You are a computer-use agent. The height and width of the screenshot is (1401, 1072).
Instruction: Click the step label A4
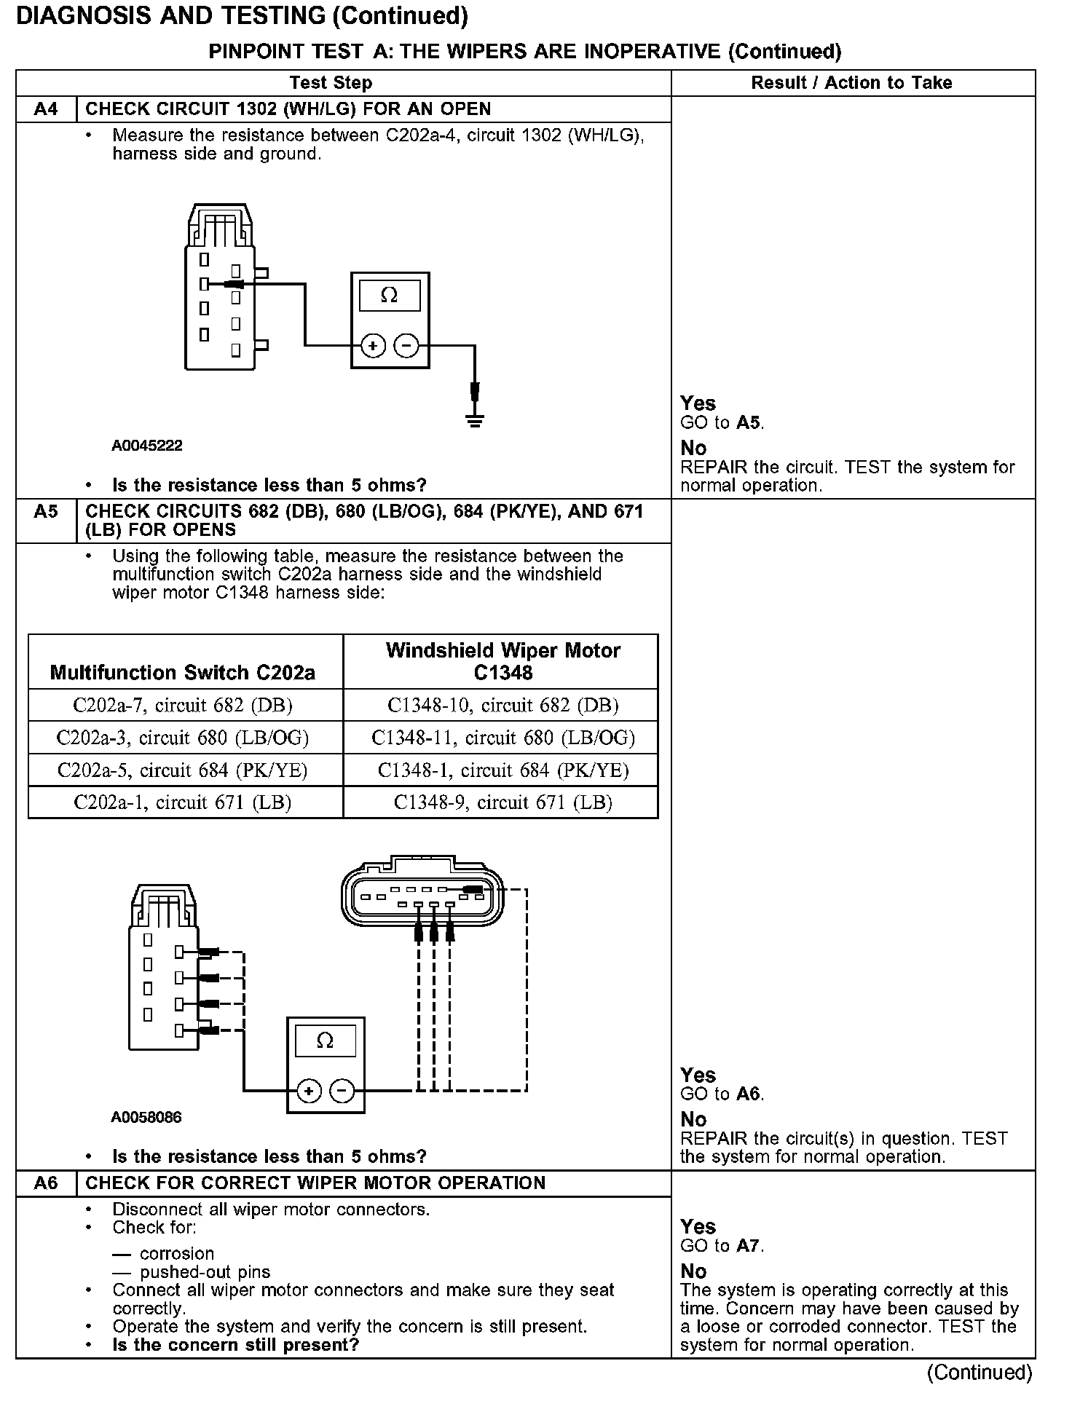46,109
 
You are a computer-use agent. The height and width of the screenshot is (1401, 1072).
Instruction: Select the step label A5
46,512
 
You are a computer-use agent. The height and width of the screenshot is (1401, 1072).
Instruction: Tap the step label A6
46,1183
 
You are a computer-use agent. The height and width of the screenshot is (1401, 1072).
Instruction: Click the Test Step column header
331,83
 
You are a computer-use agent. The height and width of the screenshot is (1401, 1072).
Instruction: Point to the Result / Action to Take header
851,83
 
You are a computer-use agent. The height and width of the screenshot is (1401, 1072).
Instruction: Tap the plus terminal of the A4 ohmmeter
373,346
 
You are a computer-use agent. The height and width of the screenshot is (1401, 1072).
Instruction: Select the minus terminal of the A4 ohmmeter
406,346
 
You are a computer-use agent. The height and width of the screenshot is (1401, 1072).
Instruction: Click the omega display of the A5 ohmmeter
326,1041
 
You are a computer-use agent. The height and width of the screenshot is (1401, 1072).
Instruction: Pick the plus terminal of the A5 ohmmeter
309,1091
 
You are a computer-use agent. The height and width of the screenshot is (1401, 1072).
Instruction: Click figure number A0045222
147,446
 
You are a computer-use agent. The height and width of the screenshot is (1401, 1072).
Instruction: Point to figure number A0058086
146,1117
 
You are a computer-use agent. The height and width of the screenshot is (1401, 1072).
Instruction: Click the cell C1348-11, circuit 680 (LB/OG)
503,738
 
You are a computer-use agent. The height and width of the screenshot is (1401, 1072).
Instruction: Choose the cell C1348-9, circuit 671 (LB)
503,802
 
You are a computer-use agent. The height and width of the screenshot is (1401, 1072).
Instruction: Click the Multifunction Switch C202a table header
183,672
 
